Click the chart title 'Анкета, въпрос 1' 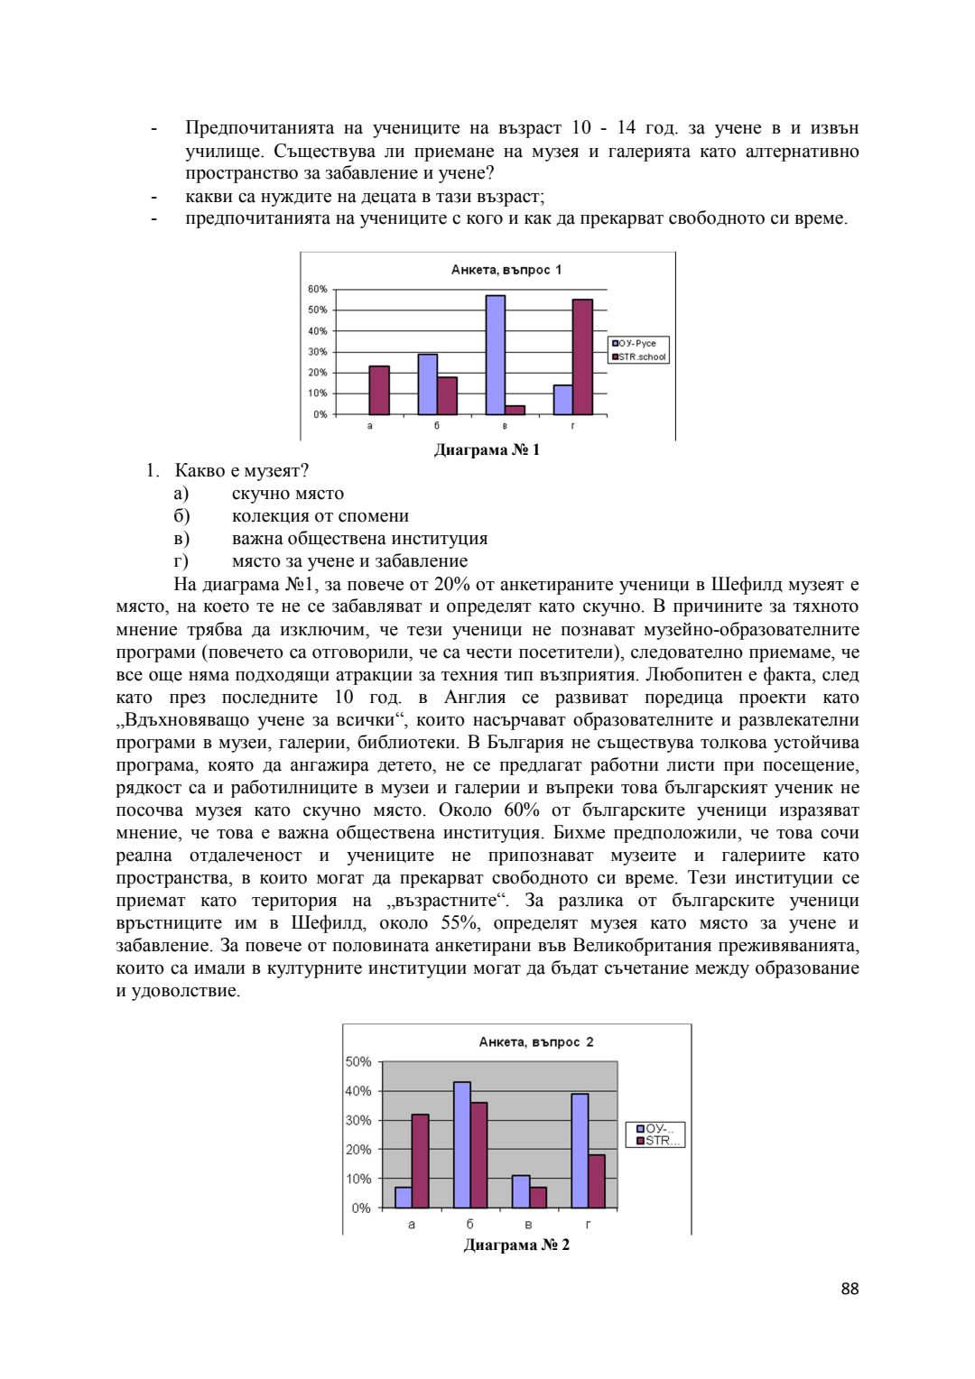(x=506, y=270)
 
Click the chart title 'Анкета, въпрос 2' (x=535, y=1041)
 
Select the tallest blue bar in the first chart (x=496, y=355)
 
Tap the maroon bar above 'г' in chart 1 (x=582, y=356)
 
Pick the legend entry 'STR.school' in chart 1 (x=641, y=357)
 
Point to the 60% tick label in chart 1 (x=317, y=290)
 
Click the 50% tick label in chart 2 (x=358, y=1062)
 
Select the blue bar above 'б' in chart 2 (x=462, y=1144)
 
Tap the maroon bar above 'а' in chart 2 (x=421, y=1161)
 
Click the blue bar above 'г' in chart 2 (x=580, y=1151)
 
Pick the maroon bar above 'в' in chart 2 (x=538, y=1198)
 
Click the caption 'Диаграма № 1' (x=487, y=449)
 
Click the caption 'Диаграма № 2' (x=516, y=1245)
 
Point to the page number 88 (x=850, y=1289)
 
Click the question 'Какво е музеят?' (x=241, y=471)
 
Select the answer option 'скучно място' (x=287, y=494)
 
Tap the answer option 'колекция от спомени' (x=320, y=516)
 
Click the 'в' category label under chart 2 (x=528, y=1225)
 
